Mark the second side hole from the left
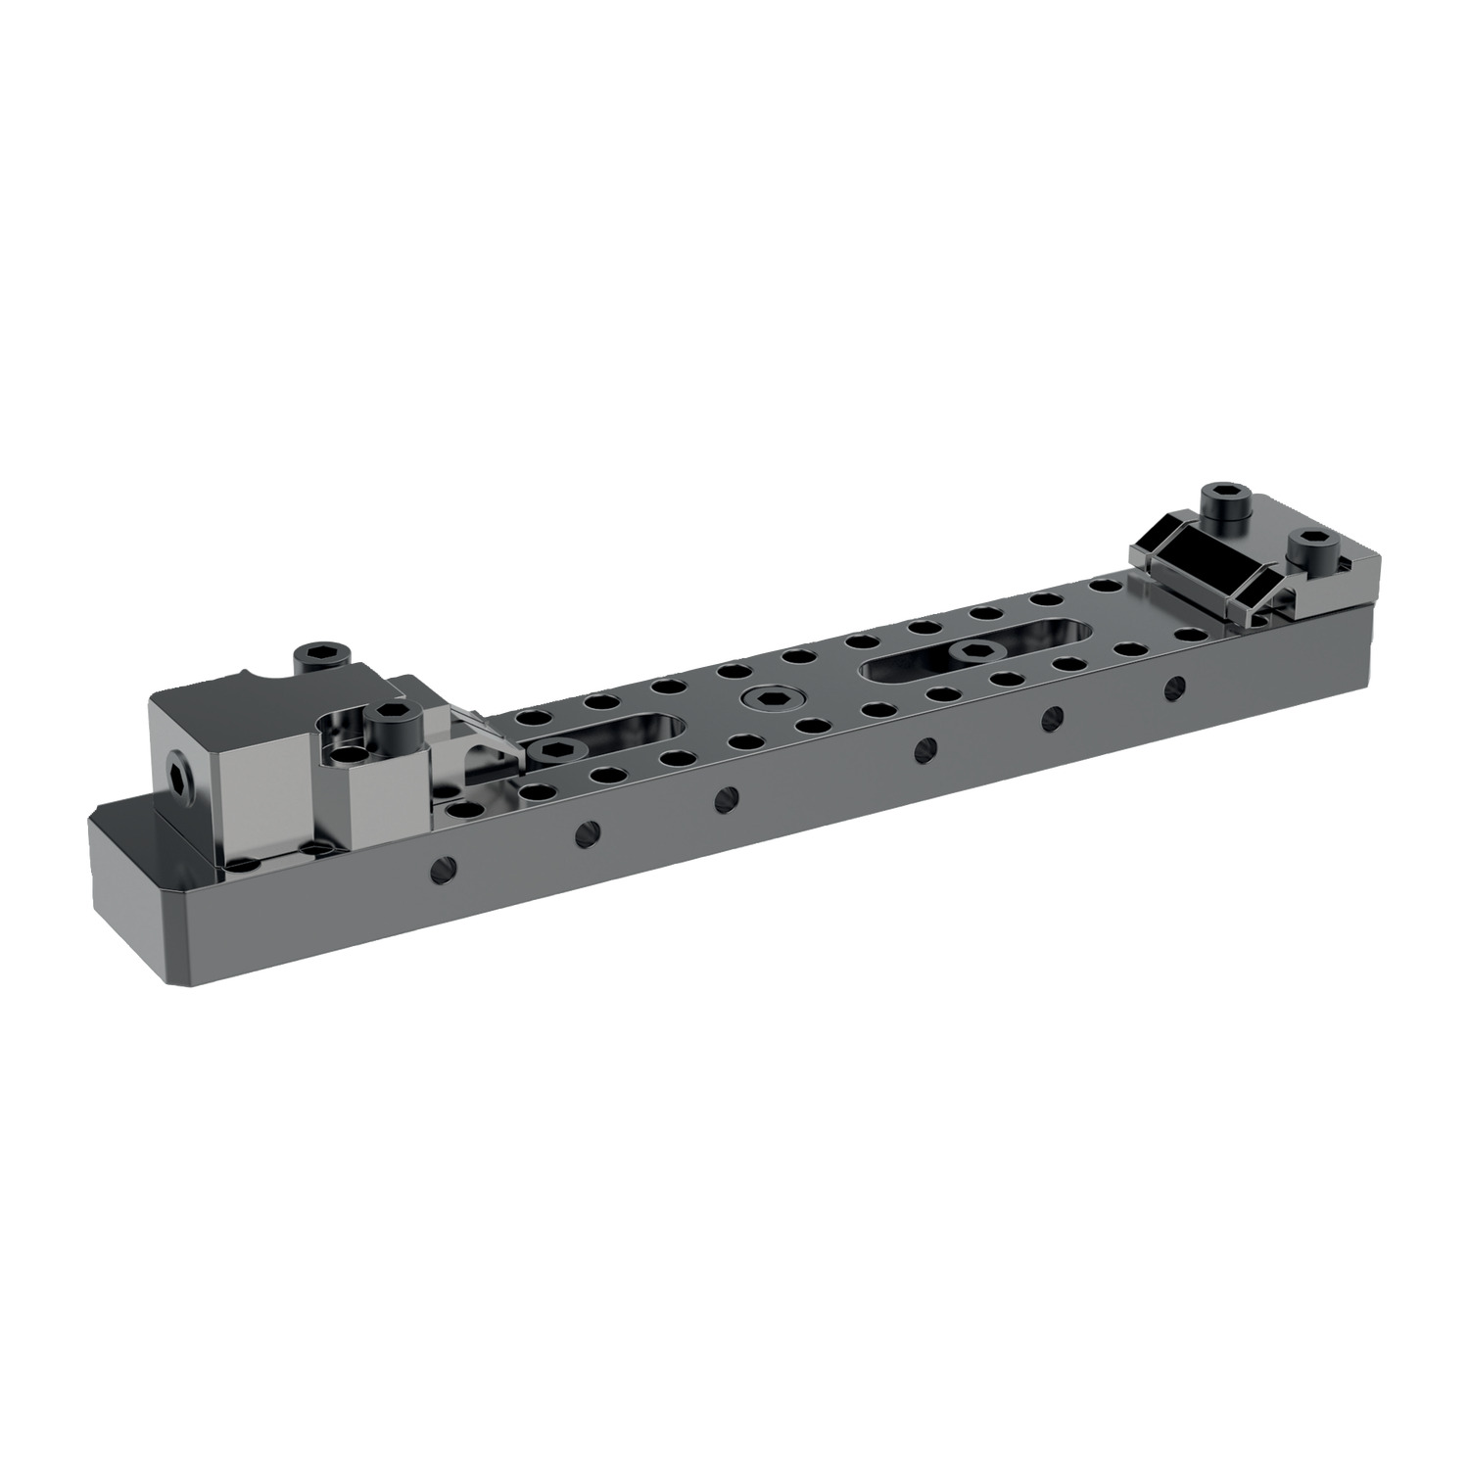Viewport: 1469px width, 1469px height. (x=586, y=831)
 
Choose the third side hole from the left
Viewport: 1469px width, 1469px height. (x=725, y=796)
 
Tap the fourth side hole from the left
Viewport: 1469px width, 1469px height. (x=922, y=748)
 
